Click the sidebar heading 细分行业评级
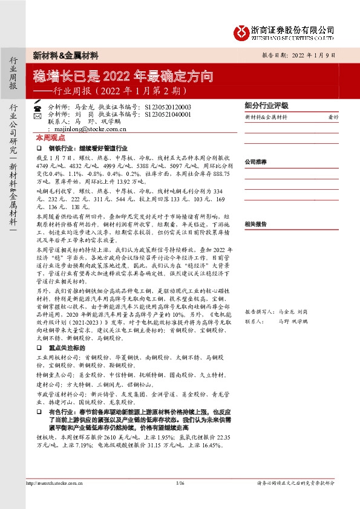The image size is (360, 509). pyautogui.click(x=266, y=104)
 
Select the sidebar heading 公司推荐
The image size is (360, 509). pyautogui.click(x=255, y=162)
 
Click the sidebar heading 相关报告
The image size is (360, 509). pyautogui.click(x=255, y=224)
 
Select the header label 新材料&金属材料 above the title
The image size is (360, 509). pyautogui.click(x=65, y=55)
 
